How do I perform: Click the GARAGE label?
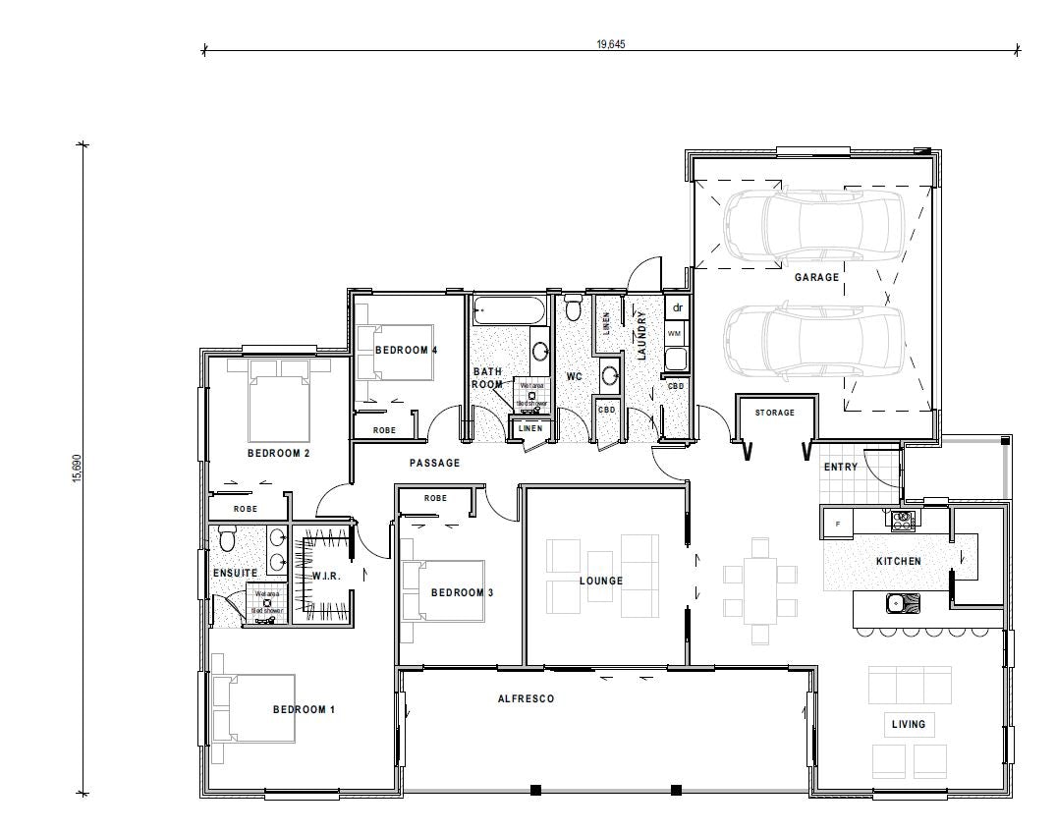point(816,277)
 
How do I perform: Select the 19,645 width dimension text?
point(611,44)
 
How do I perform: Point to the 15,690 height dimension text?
point(77,468)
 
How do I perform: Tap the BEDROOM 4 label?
point(406,350)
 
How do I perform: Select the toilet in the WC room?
point(574,307)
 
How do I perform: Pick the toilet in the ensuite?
point(227,539)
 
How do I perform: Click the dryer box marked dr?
point(677,308)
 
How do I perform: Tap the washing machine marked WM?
point(675,334)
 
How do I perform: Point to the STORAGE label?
point(774,413)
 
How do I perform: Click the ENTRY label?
point(840,467)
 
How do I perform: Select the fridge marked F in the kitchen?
point(837,523)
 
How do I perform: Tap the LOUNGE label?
point(600,581)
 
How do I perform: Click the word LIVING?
point(908,724)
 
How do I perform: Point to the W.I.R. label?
point(326,576)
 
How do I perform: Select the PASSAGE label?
point(434,463)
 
